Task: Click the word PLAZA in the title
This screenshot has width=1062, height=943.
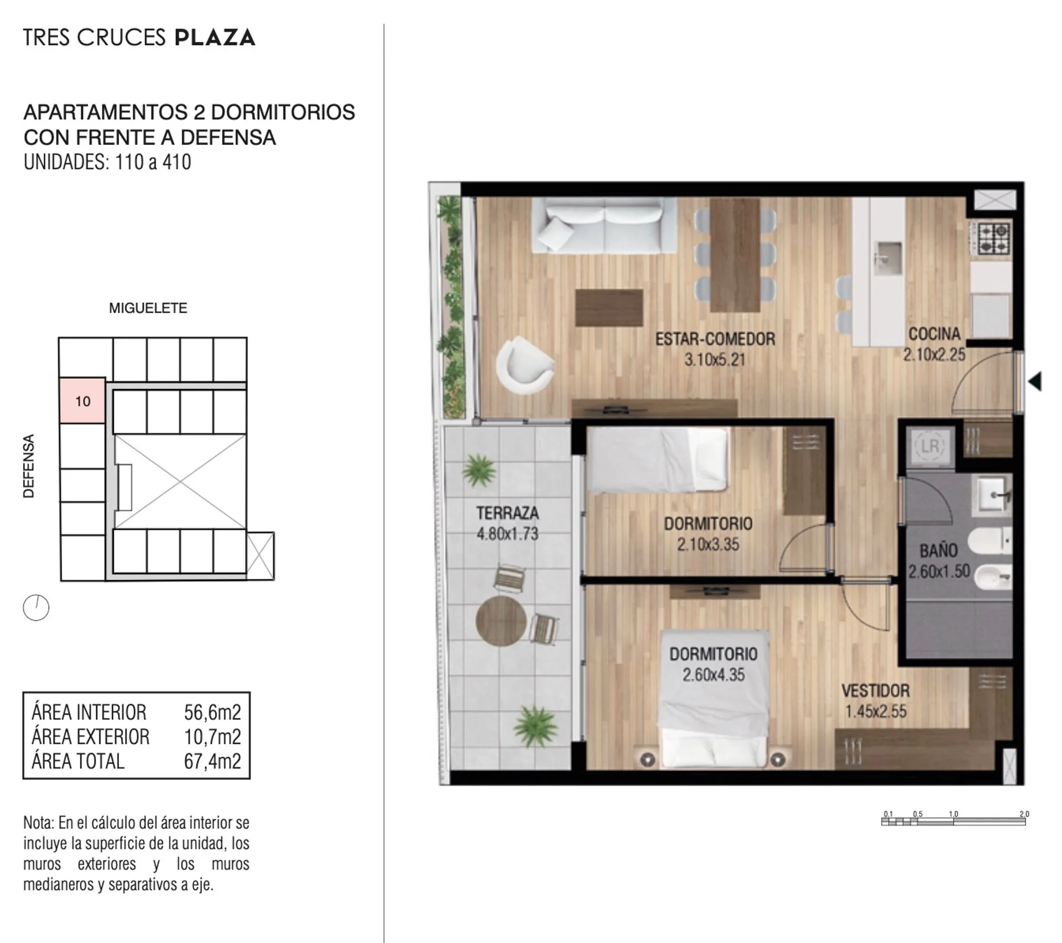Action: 215,38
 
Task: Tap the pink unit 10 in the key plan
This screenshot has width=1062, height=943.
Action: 82,401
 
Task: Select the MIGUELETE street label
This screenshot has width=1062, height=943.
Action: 148,308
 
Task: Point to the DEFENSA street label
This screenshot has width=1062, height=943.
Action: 29,465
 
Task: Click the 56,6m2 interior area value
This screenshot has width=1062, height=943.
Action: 212,713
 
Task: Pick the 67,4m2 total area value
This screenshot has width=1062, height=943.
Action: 212,761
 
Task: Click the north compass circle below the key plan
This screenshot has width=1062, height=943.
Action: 36,607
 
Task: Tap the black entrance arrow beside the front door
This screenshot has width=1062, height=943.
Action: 1035,381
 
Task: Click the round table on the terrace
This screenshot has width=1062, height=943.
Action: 501,621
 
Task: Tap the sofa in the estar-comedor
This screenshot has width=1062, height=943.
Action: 603,226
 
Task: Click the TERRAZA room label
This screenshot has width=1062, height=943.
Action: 507,513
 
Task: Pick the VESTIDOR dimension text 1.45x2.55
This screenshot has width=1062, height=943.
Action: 876,711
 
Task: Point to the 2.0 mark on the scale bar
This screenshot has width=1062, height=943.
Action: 1024,814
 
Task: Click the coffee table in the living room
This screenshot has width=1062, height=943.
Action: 609,308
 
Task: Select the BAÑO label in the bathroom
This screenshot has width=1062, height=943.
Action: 939,551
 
